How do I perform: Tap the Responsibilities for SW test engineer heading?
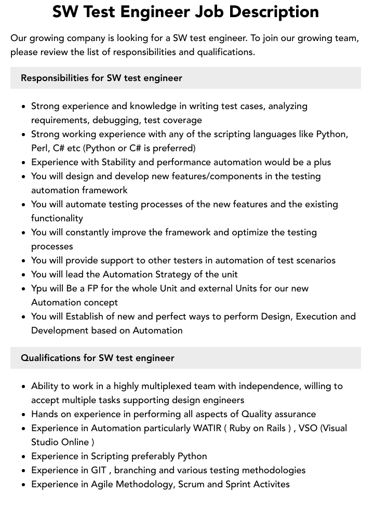click(x=101, y=78)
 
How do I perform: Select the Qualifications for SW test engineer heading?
click(x=98, y=358)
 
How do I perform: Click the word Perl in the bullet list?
click(x=40, y=148)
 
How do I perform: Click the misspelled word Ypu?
click(x=40, y=288)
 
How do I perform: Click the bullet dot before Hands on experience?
click(x=24, y=415)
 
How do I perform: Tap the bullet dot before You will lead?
click(x=24, y=275)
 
